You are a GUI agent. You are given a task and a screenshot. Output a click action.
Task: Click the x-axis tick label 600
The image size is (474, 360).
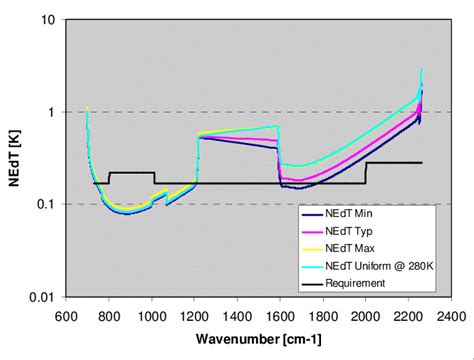click(x=67, y=315)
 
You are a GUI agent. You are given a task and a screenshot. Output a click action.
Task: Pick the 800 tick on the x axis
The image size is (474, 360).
click(x=110, y=315)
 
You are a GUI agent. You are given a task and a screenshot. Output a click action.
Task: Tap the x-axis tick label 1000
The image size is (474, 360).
click(x=154, y=315)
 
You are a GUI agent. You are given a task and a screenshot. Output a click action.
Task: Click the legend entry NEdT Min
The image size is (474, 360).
click(x=359, y=213)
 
